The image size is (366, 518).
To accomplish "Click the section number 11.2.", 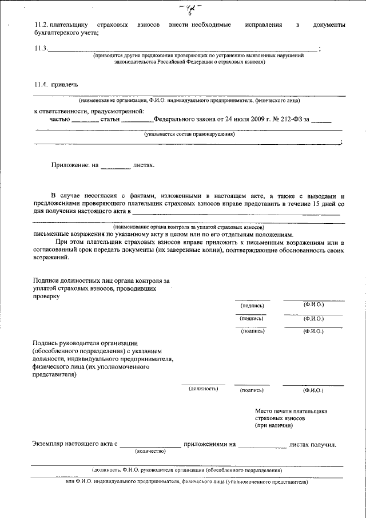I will point(41,26).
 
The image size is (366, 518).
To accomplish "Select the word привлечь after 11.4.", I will point(63,85).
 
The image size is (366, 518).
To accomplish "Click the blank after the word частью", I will point(85,121).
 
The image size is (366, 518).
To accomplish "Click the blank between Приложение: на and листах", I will point(116,165).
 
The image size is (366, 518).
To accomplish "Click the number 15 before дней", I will point(317,204).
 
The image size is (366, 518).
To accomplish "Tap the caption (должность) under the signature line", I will point(204,389).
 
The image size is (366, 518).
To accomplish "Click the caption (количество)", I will point(150,451).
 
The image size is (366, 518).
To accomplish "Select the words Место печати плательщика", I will point(291,411).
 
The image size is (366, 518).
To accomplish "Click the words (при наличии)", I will point(272,426).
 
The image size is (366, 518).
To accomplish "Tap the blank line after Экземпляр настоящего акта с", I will point(150,444).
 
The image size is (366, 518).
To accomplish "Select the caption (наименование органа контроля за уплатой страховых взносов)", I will point(189,227).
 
